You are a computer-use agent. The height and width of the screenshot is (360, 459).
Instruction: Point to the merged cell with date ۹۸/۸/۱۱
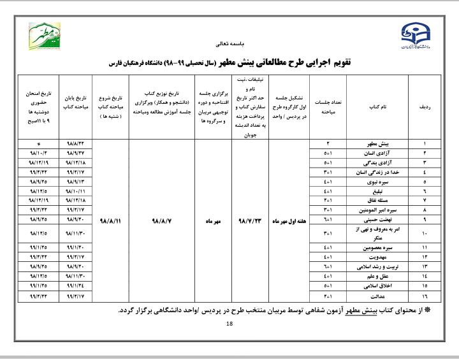click(111, 220)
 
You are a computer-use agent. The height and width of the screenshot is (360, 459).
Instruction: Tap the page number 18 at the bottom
click(230, 325)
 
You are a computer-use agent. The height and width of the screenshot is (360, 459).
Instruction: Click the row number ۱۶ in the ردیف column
click(425, 296)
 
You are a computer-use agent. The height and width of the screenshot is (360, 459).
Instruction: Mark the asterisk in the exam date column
click(39, 145)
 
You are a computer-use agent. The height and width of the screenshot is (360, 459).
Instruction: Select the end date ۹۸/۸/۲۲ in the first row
click(75, 145)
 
